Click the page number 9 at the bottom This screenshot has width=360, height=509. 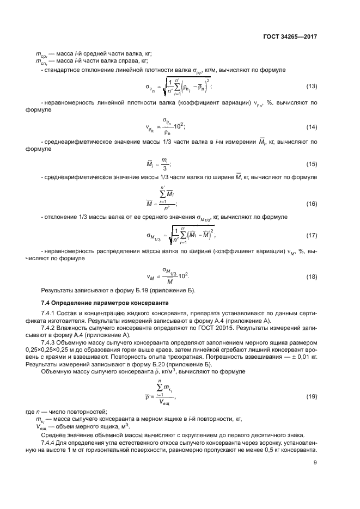(315, 463)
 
